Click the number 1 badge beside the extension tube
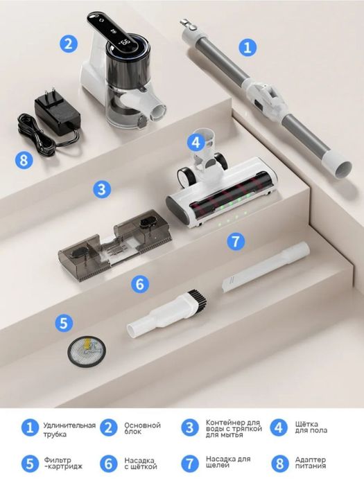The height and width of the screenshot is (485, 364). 248,48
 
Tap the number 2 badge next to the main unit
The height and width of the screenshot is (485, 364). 69,43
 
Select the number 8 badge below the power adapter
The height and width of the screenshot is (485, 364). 24,160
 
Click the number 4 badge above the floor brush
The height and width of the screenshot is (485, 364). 196,143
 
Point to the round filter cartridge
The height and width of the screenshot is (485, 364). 87,352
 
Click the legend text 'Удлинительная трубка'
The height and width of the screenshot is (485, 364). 69,430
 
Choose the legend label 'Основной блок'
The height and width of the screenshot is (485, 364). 142,428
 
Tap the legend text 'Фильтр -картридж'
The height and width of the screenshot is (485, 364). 63,464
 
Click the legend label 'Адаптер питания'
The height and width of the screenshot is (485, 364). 311,463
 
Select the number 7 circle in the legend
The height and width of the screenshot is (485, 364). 190,464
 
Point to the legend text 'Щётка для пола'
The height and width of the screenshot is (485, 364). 311,427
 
